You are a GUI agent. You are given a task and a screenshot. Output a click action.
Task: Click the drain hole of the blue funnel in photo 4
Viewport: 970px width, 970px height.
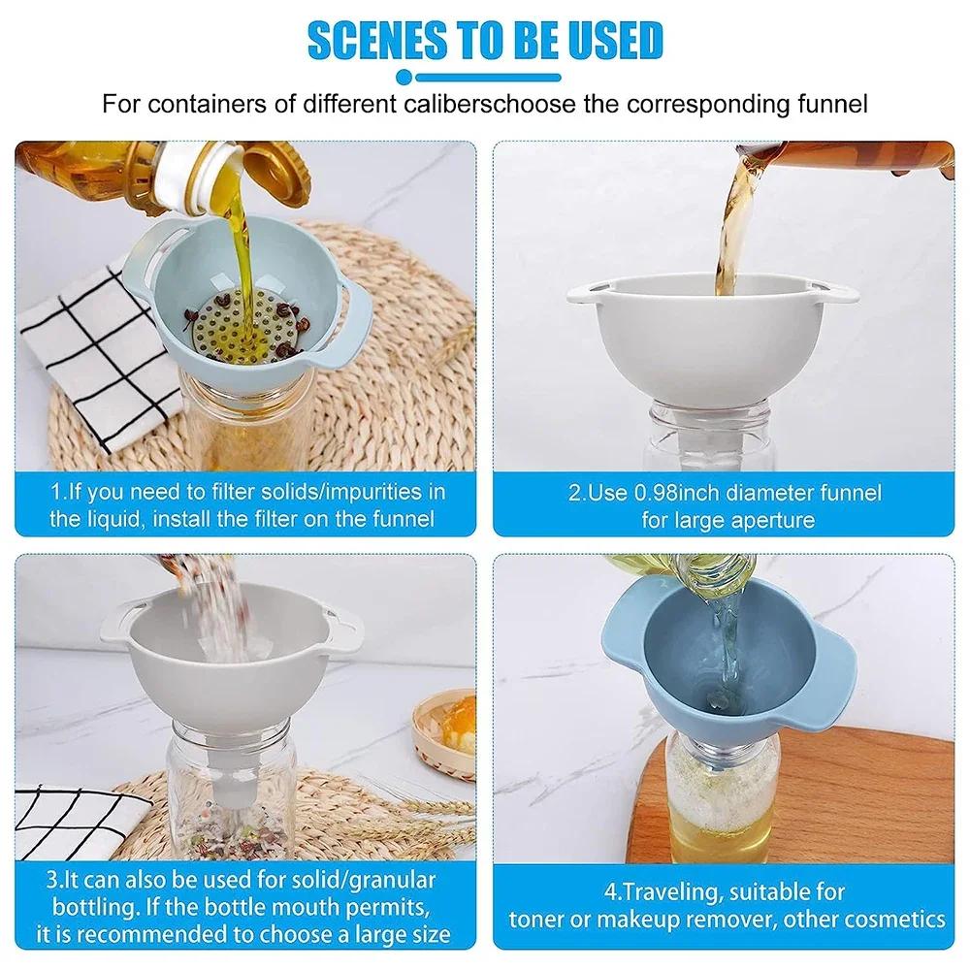click(x=716, y=697)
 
